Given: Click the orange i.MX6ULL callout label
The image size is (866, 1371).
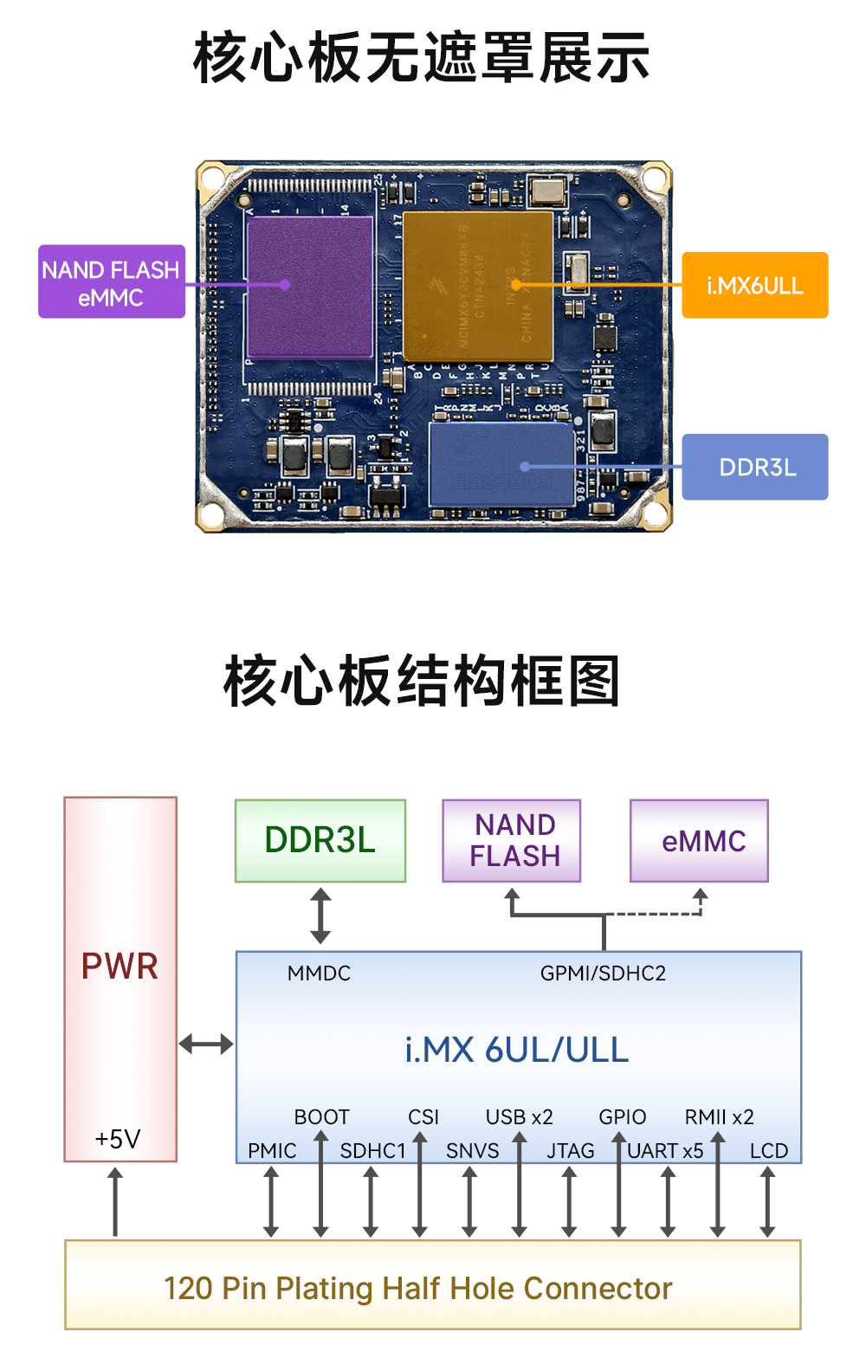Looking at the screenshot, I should pyautogui.click(x=754, y=285).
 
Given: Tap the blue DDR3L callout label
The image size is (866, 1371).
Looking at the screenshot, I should pyautogui.click(x=754, y=467).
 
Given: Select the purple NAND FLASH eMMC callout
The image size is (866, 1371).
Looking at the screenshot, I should pyautogui.click(x=111, y=282).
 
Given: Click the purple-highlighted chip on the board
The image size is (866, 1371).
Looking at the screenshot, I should pyautogui.click(x=310, y=288).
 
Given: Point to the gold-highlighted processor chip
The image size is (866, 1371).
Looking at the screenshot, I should pyautogui.click(x=478, y=287).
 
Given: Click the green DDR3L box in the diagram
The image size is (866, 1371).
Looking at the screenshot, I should pyautogui.click(x=320, y=840).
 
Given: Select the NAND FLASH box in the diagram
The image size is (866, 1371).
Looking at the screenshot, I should pyautogui.click(x=512, y=840).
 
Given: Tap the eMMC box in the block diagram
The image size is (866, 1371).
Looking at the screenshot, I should pyautogui.click(x=699, y=840).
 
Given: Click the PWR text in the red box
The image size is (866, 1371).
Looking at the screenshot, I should pyautogui.click(x=120, y=966).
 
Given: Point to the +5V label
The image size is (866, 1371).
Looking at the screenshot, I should pyautogui.click(x=118, y=1138).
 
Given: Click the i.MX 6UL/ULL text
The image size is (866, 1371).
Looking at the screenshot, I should pyautogui.click(x=517, y=1050).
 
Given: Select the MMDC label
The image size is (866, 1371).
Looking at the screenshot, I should pyautogui.click(x=319, y=973).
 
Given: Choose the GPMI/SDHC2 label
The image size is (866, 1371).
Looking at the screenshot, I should pyautogui.click(x=603, y=973).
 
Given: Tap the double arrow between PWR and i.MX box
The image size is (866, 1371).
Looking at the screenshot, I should pyautogui.click(x=206, y=1044).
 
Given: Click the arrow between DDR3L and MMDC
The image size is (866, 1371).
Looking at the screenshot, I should pyautogui.click(x=320, y=915).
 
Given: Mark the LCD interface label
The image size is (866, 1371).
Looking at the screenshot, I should pyautogui.click(x=768, y=1151).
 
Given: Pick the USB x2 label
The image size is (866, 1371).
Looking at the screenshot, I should pyautogui.click(x=519, y=1117).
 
